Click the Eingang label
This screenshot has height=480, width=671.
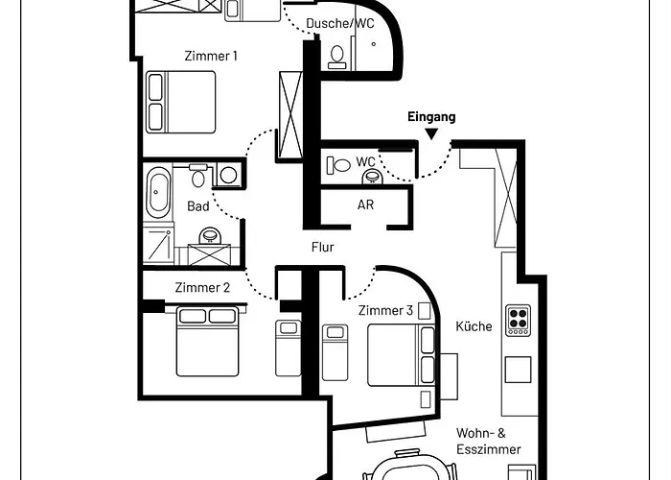click(x=431, y=117)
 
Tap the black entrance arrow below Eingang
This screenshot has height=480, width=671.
click(x=431, y=134)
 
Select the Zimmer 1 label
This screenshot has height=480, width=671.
click(x=211, y=56)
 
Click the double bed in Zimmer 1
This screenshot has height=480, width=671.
click(x=181, y=102)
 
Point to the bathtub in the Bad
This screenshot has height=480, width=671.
click(x=157, y=192)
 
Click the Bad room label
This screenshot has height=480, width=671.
click(x=198, y=206)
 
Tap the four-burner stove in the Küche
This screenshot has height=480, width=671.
click(x=518, y=320)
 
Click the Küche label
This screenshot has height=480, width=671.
click(x=474, y=326)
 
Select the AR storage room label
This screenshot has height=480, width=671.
click(x=365, y=204)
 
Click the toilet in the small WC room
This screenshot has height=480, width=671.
click(x=339, y=165)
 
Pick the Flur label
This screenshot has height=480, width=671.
click(x=323, y=247)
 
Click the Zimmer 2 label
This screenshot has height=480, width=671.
click(x=202, y=287)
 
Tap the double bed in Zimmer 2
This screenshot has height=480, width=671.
click(x=208, y=341)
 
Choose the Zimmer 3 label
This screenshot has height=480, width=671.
click(x=385, y=310)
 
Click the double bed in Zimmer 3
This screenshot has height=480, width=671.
click(x=402, y=355)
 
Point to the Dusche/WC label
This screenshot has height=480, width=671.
click(x=340, y=23)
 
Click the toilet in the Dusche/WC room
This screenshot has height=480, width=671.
click(x=336, y=58)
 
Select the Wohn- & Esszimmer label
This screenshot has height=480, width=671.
click(x=488, y=441)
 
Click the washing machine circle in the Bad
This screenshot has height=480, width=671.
click(x=228, y=175)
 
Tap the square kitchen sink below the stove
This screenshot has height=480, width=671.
click(x=518, y=370)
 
